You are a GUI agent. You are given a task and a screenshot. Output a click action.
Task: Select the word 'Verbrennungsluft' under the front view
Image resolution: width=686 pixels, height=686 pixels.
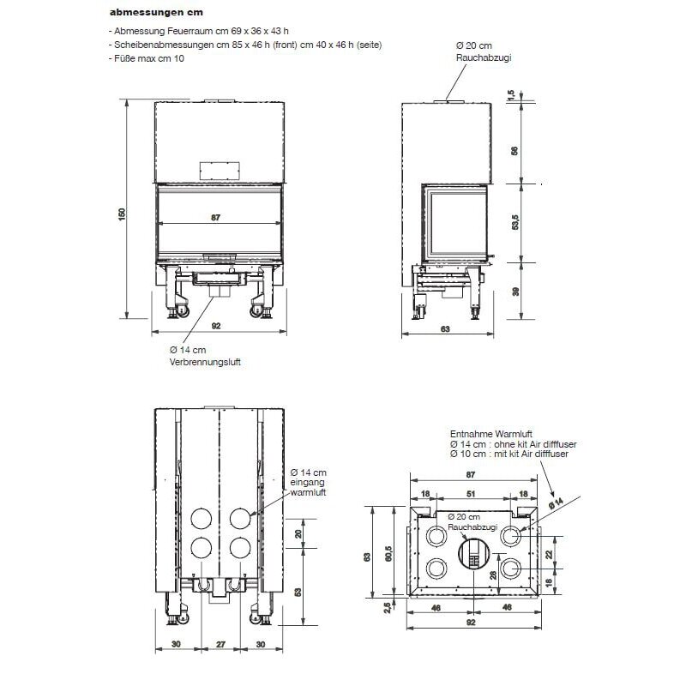point(205,363)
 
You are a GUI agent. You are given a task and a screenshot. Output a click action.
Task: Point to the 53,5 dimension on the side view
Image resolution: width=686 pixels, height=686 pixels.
point(514,222)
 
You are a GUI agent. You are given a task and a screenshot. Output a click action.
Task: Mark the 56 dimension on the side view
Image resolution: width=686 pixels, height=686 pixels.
point(514,150)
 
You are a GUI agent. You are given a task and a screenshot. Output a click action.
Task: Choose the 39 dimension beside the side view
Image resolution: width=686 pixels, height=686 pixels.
point(514,292)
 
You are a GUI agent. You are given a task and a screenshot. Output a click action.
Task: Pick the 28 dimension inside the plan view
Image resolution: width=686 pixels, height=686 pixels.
point(492,576)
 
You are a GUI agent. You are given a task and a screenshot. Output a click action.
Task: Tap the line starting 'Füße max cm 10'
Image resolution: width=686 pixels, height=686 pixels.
point(147,58)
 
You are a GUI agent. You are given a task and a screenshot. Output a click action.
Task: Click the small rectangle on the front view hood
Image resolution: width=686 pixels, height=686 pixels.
point(214,169)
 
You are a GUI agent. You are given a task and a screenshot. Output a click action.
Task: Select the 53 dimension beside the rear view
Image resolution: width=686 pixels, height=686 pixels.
point(298,592)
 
